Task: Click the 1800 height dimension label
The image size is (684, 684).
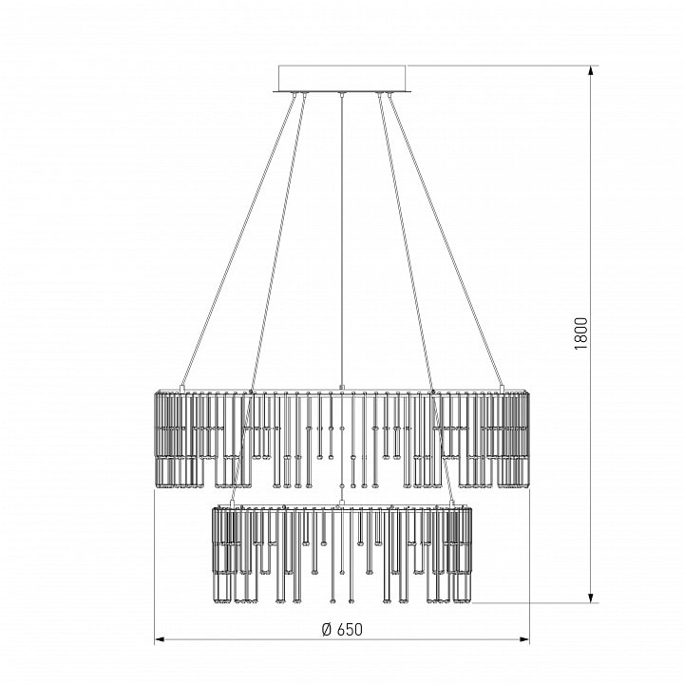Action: click(x=581, y=333)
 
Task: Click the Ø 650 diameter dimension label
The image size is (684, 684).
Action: click(x=342, y=630)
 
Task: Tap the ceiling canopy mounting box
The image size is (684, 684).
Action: click(x=342, y=79)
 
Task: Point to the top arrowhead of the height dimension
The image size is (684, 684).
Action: click(x=591, y=71)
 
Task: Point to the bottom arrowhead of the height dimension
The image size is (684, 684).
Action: click(x=591, y=598)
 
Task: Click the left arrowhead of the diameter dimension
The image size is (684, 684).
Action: click(x=161, y=639)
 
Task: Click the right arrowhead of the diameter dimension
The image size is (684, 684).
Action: click(x=523, y=639)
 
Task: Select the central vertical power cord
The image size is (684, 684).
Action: click(x=342, y=240)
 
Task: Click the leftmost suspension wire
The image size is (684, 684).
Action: click(x=238, y=240)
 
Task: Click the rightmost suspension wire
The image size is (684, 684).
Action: click(x=446, y=240)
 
